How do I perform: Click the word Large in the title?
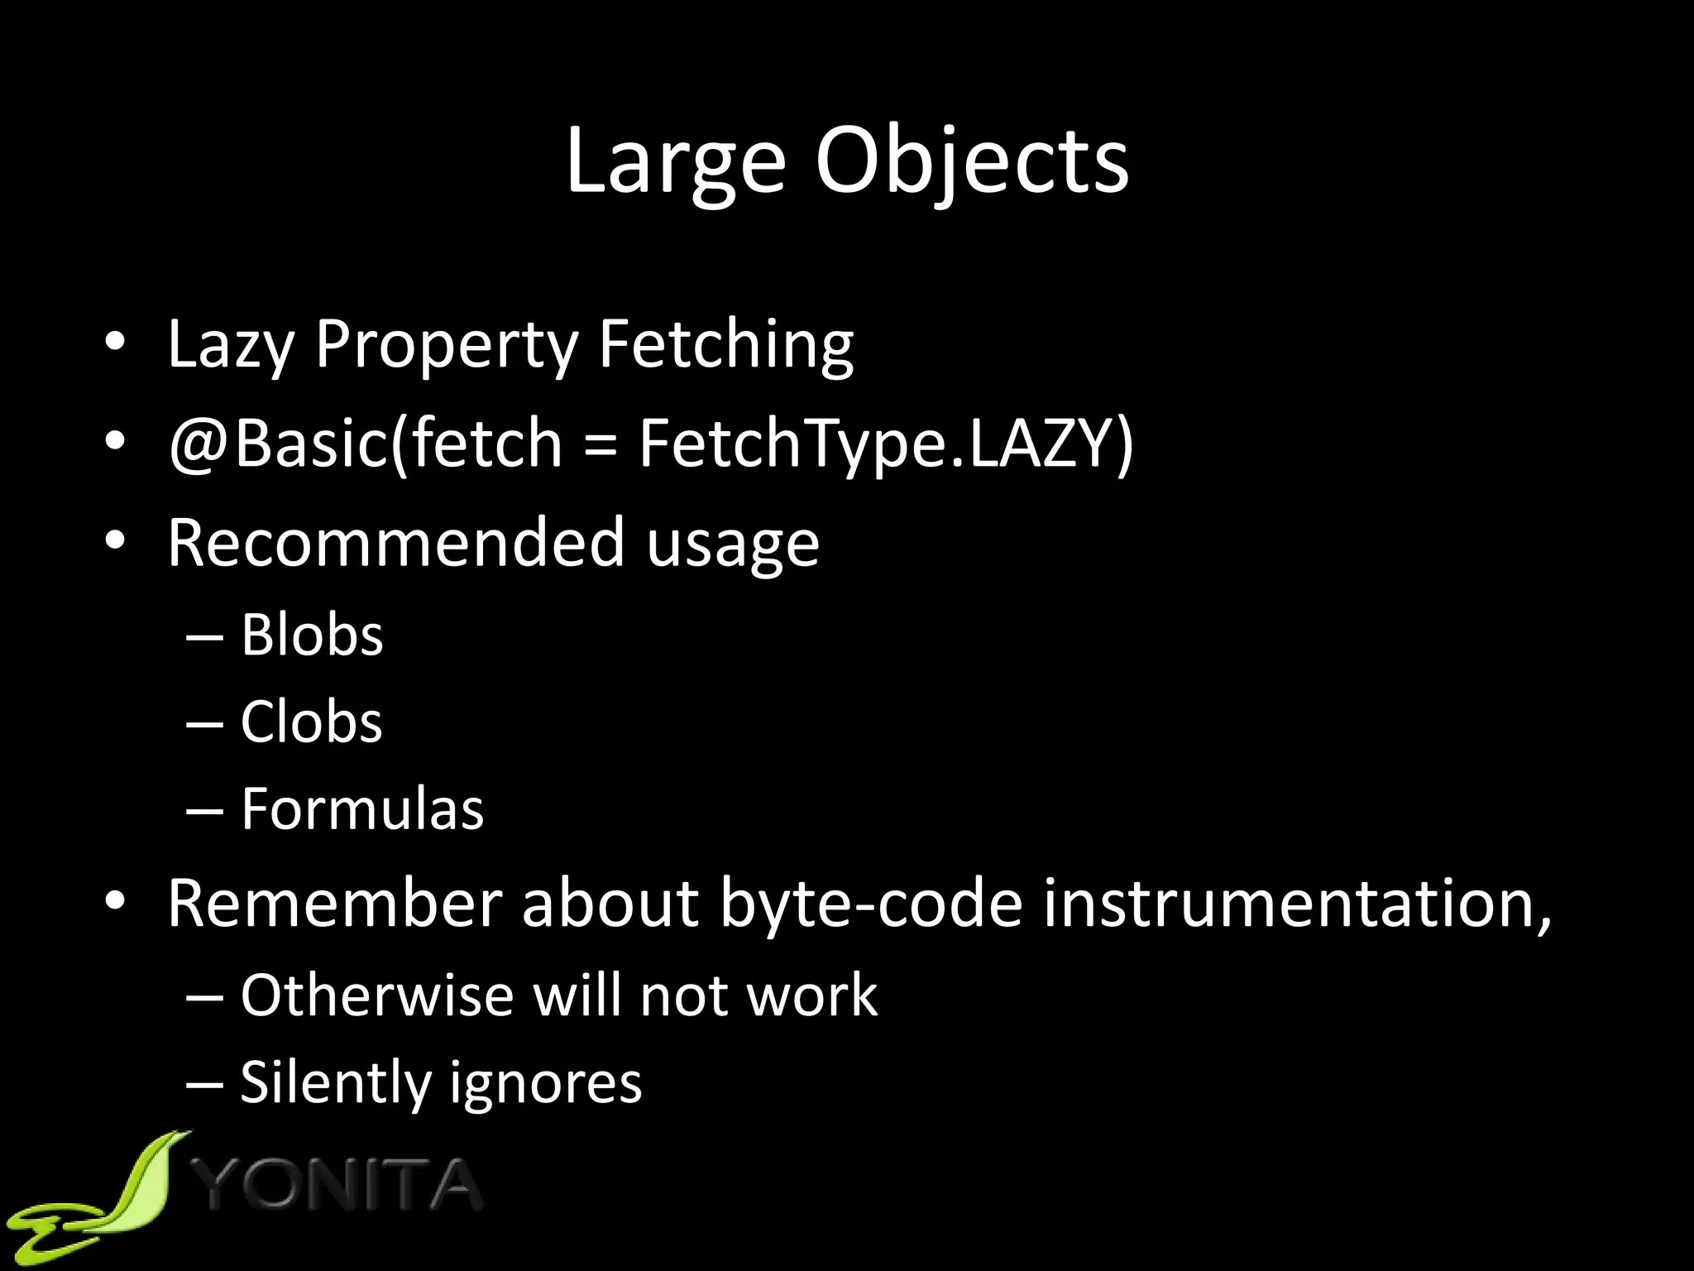pos(675,162)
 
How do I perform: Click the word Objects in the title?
pos(972,162)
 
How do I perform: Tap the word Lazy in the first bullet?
pos(231,345)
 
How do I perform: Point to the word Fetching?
pos(725,345)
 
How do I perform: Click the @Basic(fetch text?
pos(365,444)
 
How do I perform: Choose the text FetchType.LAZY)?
pos(886,444)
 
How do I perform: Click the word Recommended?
pos(395,543)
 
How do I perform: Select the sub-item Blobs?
pos(312,635)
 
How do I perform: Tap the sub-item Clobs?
pos(311,722)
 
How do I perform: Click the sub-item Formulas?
pos(362,808)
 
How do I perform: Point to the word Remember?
pos(335,903)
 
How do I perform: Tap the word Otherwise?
pos(377,995)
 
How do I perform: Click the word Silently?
pos(334,1082)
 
